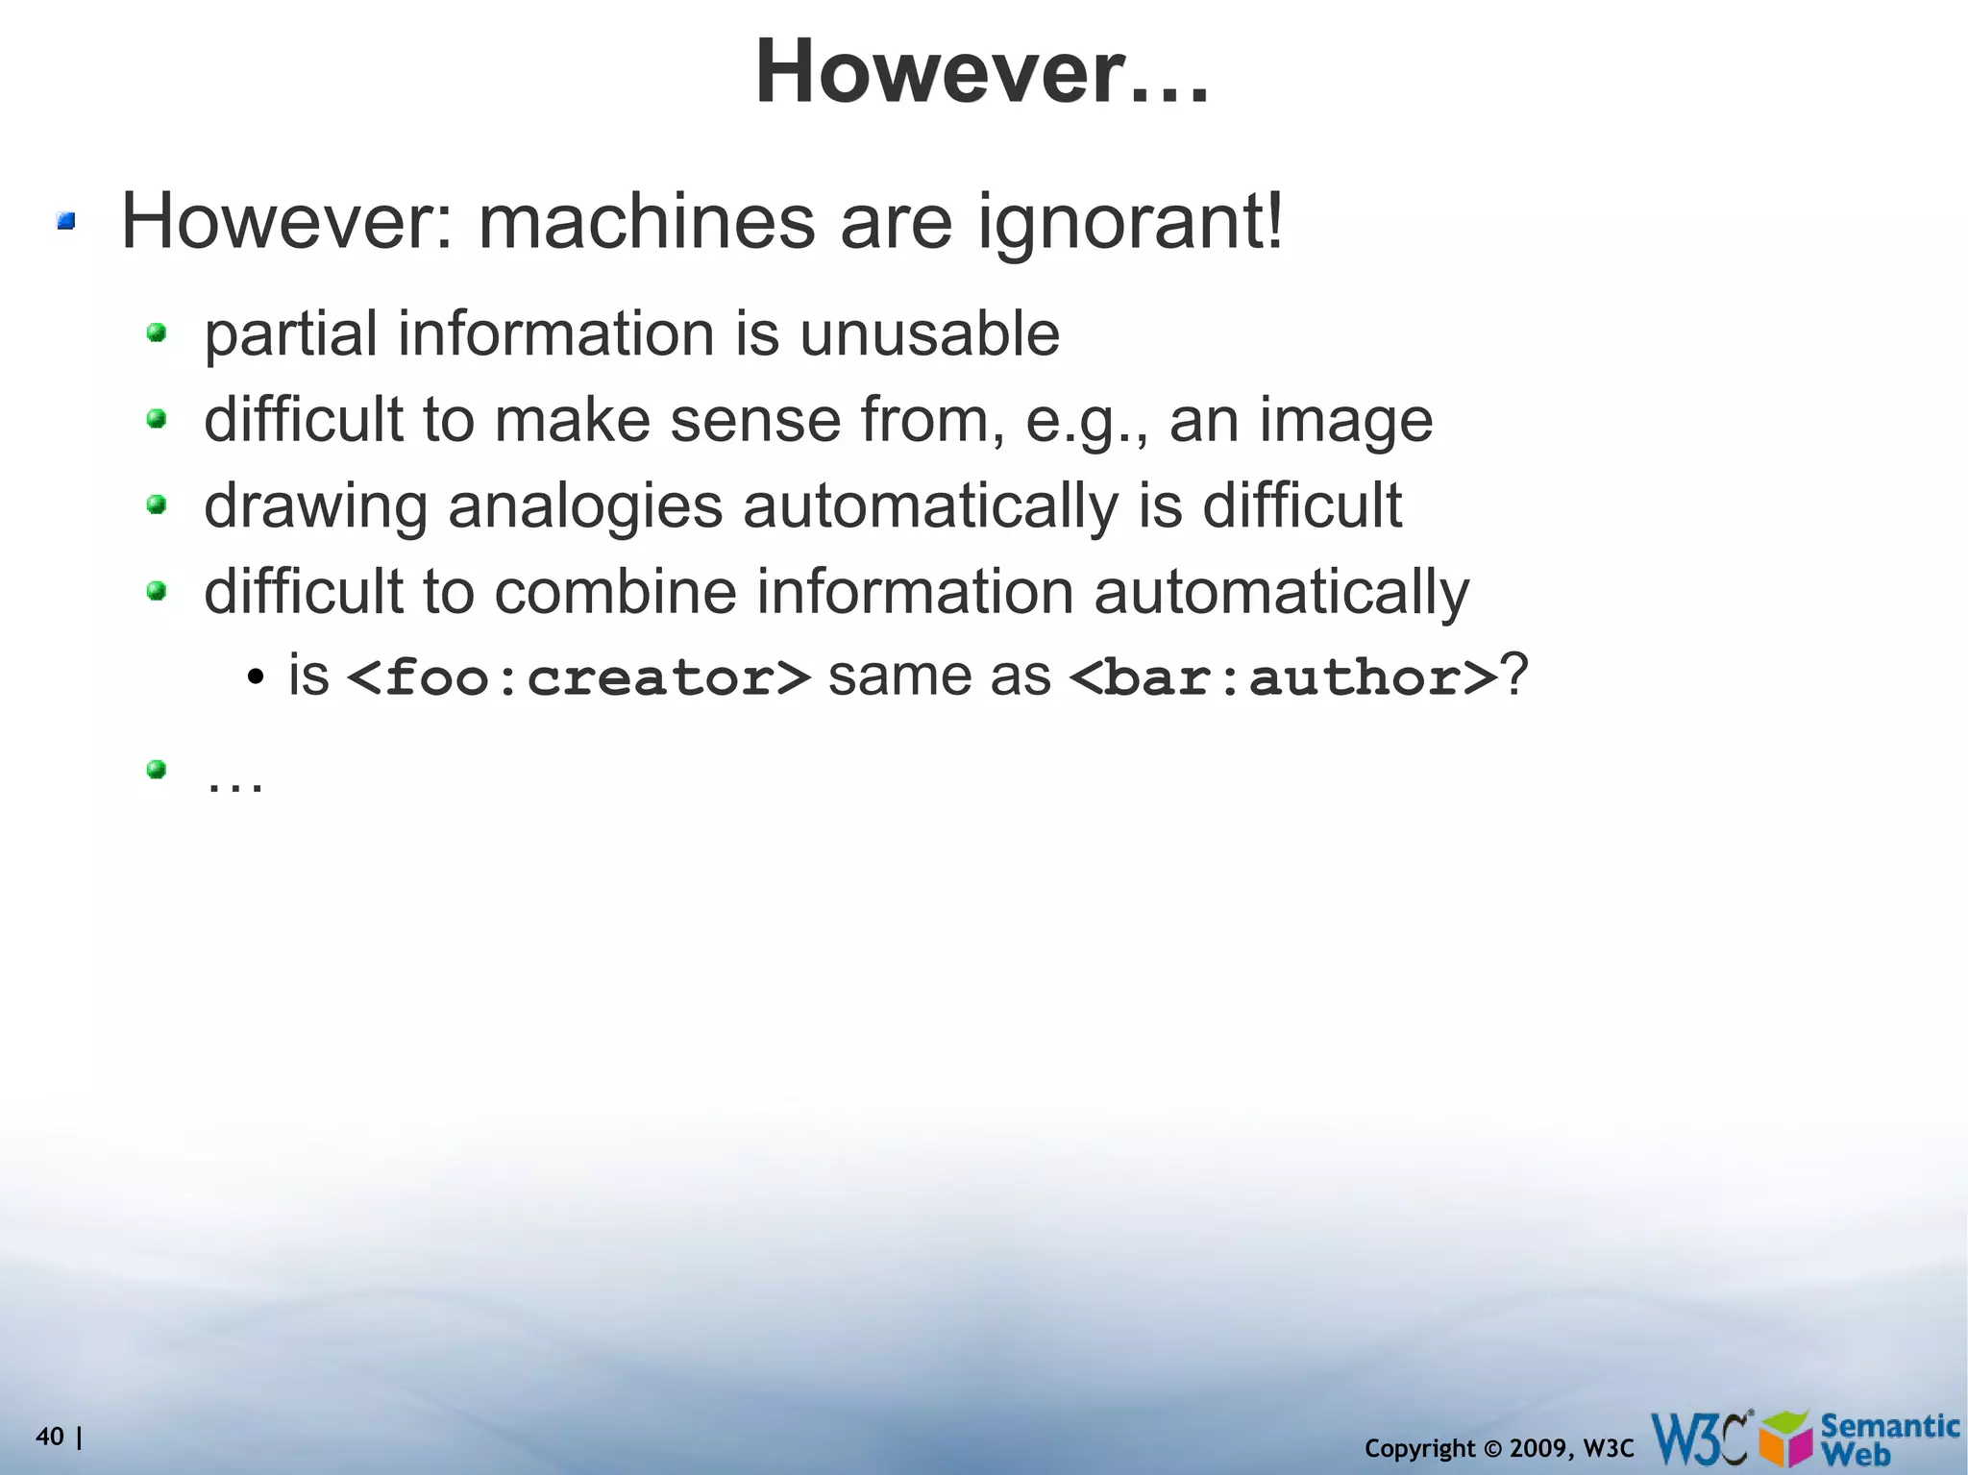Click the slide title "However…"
[x=981, y=72]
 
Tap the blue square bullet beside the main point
[x=65, y=223]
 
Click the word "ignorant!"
[x=1130, y=223]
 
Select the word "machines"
[x=646, y=221]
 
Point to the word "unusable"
[x=929, y=333]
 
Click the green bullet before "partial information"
[x=157, y=333]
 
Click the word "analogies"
[x=584, y=505]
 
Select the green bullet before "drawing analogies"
[x=157, y=504]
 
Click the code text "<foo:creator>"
[x=578, y=676]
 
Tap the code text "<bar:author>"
[x=1283, y=676]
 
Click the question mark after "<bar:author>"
[x=1514, y=675]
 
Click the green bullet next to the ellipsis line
[x=157, y=769]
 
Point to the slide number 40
[x=49, y=1437]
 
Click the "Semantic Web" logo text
[x=1888, y=1438]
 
